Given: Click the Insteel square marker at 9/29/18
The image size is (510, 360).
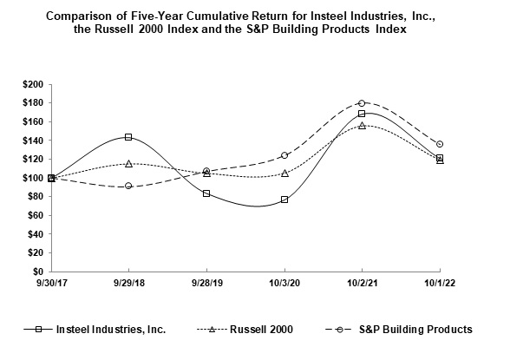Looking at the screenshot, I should (128, 137).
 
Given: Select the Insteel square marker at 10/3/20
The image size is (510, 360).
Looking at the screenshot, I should (284, 200).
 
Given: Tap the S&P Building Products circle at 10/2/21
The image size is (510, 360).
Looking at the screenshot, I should (362, 103).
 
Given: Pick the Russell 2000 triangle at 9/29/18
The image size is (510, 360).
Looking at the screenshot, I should (128, 163).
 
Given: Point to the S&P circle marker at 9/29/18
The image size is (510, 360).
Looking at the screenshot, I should (128, 186).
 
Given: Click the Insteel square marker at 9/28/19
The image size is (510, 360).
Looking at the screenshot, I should (206, 193).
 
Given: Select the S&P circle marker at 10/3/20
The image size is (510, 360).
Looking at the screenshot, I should (284, 155).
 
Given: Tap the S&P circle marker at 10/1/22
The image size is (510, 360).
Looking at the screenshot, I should (440, 144).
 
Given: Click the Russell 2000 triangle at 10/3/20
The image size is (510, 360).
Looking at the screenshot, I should (284, 173).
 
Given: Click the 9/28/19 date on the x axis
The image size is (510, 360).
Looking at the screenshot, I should (206, 283).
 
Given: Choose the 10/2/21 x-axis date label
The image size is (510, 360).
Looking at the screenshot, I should (362, 283).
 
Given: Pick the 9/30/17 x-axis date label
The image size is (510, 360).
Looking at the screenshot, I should (51, 283).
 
